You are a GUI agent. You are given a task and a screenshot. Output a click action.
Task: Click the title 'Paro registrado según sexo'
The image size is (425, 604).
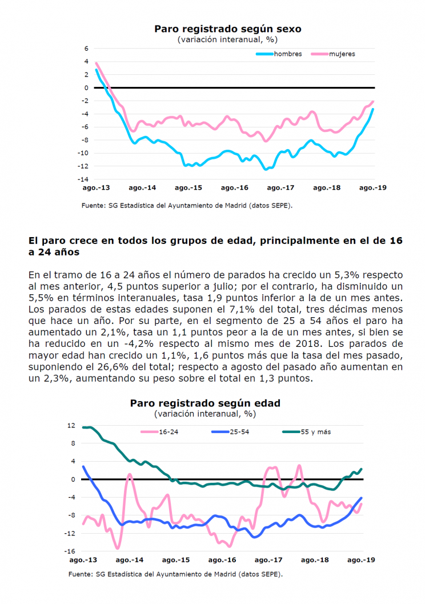coord(227,29)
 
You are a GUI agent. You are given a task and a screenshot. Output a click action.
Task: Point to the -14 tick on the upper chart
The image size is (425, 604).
coord(83,179)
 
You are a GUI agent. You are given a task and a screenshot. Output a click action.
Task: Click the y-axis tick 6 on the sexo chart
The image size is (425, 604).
coord(86,49)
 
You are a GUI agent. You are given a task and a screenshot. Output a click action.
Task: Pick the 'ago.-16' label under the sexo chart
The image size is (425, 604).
coord(234,188)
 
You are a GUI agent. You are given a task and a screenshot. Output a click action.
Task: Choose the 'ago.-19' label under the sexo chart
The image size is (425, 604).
coord(372,188)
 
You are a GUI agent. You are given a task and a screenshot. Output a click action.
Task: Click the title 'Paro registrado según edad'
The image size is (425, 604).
coord(205,403)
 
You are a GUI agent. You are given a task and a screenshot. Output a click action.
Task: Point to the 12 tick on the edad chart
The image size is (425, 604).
coord(71,426)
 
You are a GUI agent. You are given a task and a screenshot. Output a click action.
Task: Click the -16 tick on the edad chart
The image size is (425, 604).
coord(70,551)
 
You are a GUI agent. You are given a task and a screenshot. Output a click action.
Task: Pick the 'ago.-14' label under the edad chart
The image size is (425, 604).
coord(129,560)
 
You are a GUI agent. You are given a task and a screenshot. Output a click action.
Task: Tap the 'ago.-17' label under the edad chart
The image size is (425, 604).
coord(268,560)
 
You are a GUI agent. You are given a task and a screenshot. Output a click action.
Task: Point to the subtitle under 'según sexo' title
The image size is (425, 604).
coord(227,39)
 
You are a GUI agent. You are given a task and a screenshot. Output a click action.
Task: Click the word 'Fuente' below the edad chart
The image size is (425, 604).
coord(80,574)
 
